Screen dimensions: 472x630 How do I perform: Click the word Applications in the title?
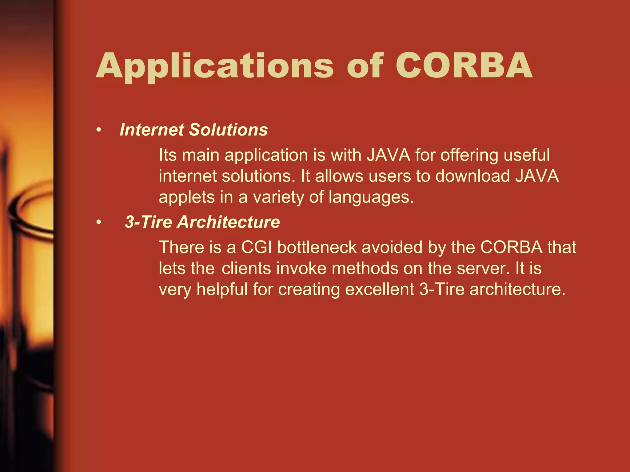click(215, 66)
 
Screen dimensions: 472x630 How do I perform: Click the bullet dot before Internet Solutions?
click(98, 130)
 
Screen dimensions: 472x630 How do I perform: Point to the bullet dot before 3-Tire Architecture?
click(98, 222)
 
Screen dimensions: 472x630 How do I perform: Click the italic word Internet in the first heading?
click(152, 130)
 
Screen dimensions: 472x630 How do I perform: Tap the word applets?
click(186, 197)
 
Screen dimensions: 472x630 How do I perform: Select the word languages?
click(371, 197)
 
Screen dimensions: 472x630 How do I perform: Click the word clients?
click(246, 268)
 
